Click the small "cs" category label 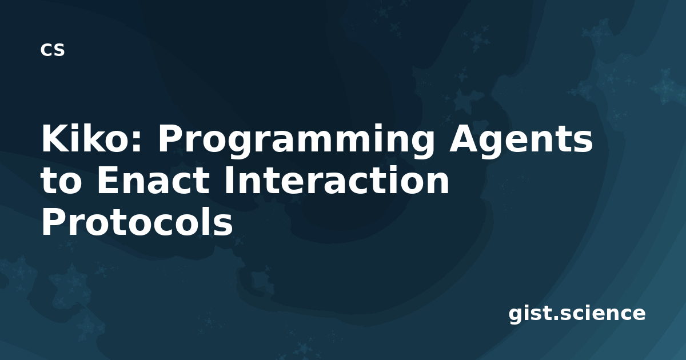[x=53, y=50]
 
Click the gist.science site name [x=577, y=314]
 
